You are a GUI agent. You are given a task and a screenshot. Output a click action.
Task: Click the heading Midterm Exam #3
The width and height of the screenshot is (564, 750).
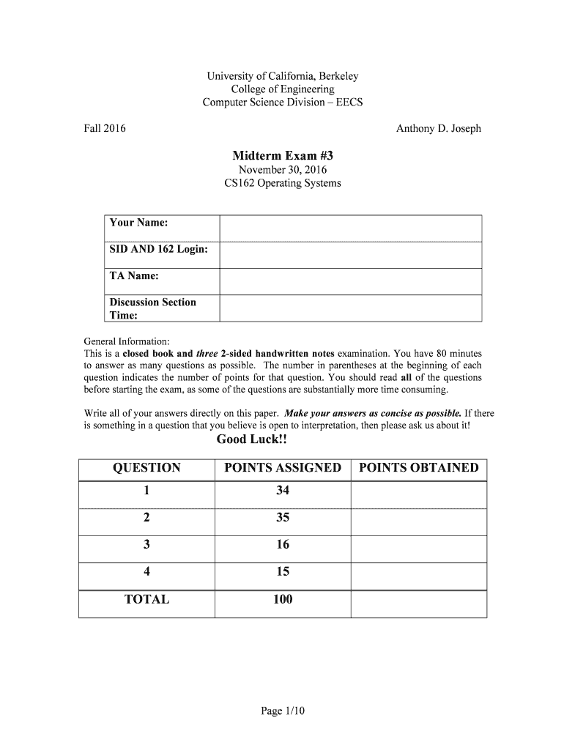click(x=282, y=155)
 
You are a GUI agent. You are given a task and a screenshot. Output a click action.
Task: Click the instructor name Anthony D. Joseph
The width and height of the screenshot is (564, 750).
click(x=438, y=129)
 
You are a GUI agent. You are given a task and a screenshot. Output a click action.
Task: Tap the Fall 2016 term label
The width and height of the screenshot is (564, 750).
click(x=105, y=129)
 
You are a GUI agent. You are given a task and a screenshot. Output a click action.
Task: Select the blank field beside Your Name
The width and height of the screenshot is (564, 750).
click(x=350, y=228)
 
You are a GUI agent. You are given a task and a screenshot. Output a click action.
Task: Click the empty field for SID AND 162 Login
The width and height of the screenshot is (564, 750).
click(x=350, y=255)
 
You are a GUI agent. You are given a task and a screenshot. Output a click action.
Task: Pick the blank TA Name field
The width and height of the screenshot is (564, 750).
click(x=350, y=281)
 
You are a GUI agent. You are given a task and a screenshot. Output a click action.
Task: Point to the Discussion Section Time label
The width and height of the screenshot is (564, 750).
click(x=152, y=308)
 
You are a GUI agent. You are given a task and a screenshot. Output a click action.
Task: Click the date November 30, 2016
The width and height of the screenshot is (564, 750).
click(x=282, y=170)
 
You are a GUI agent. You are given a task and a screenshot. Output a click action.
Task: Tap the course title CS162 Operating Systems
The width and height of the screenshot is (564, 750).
click(x=282, y=183)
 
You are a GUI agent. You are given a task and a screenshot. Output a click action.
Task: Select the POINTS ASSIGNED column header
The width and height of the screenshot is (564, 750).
click(x=283, y=468)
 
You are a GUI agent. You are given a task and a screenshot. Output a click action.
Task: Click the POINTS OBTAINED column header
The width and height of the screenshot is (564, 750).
click(x=418, y=468)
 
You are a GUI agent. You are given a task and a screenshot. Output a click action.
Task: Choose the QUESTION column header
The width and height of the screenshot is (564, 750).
click(x=146, y=468)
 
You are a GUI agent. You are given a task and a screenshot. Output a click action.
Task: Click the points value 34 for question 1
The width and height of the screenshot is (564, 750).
click(x=283, y=491)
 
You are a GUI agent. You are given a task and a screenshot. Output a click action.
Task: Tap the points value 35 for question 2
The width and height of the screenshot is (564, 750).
click(x=283, y=518)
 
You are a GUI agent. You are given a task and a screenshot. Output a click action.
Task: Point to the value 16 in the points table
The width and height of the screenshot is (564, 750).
click(x=283, y=545)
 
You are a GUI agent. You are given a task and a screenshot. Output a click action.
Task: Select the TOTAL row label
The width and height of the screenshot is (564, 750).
click(x=146, y=600)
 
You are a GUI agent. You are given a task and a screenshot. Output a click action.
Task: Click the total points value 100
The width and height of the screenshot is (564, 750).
click(x=283, y=600)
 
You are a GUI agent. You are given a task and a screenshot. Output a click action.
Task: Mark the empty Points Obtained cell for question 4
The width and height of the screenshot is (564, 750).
click(x=418, y=572)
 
